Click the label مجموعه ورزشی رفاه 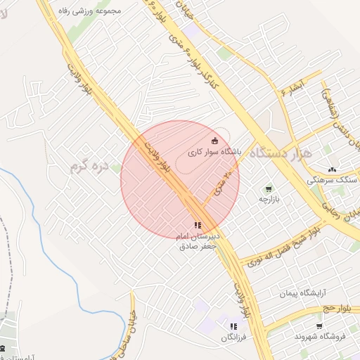coord(97,11)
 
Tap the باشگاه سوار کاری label coord(215,151)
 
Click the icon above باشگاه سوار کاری coord(215,140)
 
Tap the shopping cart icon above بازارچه coord(268,189)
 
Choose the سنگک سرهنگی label coord(331,180)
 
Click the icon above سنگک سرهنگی coord(332,169)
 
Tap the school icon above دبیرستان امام coord(197,225)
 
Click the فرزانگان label coord(233,337)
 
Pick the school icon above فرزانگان coord(233,327)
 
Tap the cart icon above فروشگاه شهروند coord(320,326)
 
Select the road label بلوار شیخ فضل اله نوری coord(277,245)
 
